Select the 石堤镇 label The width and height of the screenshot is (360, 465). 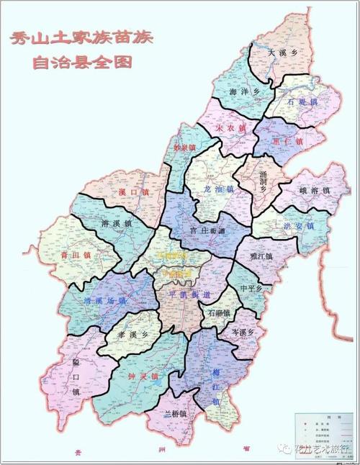(x=302, y=103)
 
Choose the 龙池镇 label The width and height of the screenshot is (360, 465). (x=219, y=189)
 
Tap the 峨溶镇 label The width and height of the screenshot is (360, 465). (x=314, y=191)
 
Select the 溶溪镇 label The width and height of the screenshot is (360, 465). (x=117, y=225)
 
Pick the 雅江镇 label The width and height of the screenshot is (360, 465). (x=261, y=256)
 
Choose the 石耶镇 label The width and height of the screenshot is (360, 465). (x=217, y=313)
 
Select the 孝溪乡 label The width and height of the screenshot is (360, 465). (x=131, y=335)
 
